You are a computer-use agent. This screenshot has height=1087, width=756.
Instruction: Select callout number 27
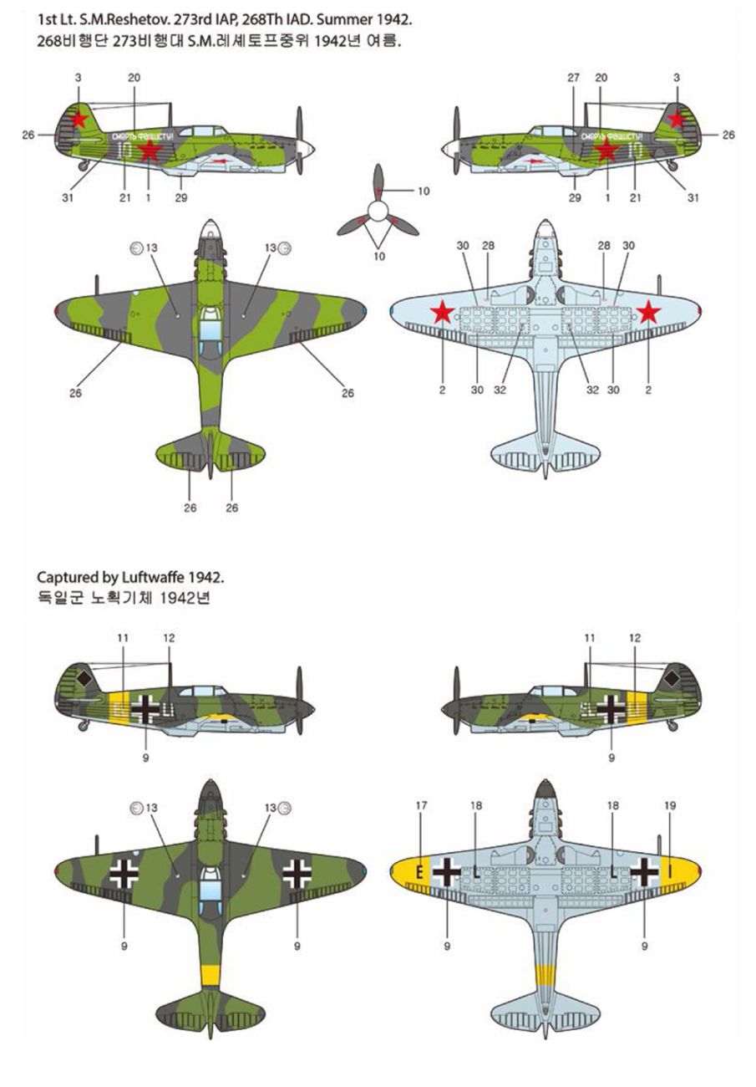[x=573, y=77]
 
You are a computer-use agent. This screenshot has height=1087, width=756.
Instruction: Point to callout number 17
[x=421, y=805]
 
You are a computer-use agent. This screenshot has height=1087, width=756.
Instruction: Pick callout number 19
[x=669, y=805]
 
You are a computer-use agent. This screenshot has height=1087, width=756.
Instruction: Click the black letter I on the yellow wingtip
[x=670, y=872]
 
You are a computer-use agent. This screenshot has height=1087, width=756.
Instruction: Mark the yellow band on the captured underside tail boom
[x=545, y=974]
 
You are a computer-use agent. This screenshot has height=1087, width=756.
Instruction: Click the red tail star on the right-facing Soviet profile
[x=79, y=120]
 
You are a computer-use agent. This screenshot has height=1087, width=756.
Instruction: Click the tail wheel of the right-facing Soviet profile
[x=83, y=166]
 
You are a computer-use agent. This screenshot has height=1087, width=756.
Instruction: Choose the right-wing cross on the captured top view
[x=297, y=873]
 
